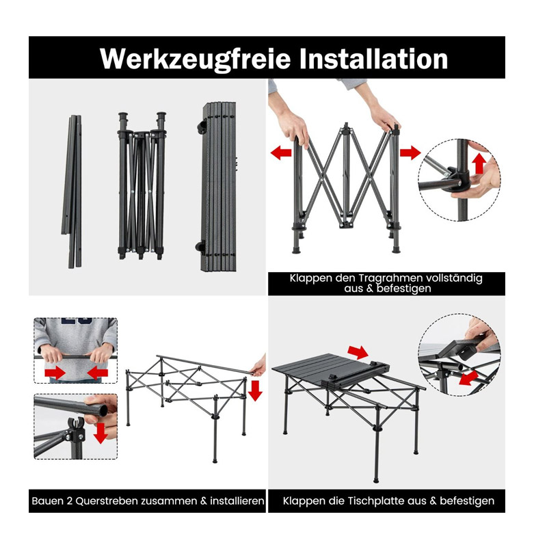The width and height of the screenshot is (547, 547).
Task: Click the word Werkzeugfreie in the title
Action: (195, 59)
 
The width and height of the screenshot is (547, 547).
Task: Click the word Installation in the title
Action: (373, 58)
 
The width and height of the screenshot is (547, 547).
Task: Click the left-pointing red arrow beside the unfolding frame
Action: (281, 152)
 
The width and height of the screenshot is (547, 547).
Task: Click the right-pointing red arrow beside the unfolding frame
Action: (410, 152)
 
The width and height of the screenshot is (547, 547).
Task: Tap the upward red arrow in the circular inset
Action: (479, 163)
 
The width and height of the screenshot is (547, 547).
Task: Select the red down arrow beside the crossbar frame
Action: (255, 390)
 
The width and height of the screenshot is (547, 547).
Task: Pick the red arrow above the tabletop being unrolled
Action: (358, 352)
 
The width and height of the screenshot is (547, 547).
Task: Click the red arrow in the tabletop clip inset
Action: (468, 378)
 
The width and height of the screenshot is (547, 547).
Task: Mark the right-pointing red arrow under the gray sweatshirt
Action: (55, 373)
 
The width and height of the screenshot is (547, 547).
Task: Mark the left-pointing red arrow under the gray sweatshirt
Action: (97, 373)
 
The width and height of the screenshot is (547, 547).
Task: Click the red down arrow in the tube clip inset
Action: (101, 433)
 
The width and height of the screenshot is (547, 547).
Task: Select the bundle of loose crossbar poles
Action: (72, 191)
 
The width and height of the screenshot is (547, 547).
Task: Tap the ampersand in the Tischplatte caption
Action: (433, 501)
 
